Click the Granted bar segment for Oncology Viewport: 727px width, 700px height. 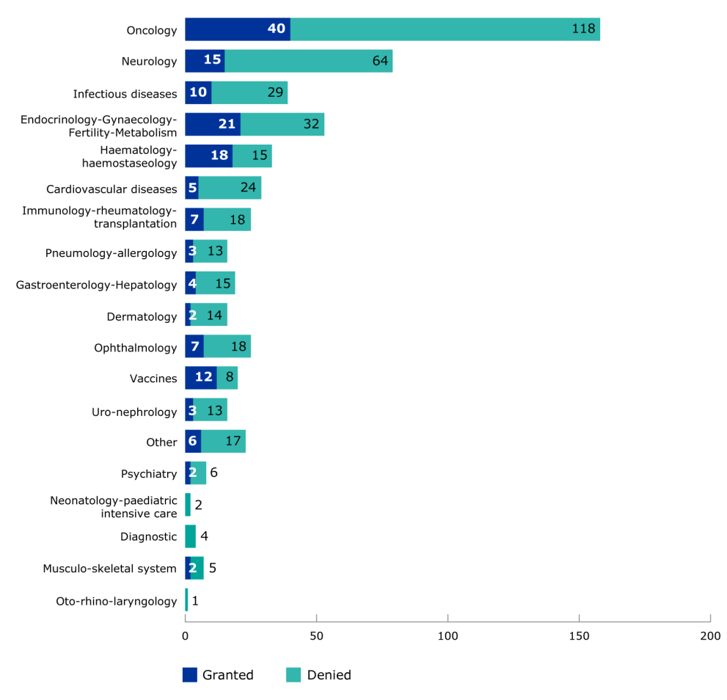[237, 29]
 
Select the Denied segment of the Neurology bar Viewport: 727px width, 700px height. [308, 61]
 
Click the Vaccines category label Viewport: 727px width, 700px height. [153, 379]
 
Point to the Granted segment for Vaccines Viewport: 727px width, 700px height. [200, 377]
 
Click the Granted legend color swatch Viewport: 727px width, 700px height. [190, 675]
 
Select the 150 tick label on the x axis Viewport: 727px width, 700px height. [580, 635]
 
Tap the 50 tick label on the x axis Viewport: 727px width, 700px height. [316, 635]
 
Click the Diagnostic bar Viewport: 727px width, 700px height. [190, 536]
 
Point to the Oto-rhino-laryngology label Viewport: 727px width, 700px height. [117, 602]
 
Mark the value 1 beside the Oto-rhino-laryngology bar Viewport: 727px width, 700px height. [195, 601]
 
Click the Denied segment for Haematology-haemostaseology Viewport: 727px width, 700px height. [252, 156]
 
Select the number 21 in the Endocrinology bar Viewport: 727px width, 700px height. [226, 125]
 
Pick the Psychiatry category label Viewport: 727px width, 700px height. [149, 474]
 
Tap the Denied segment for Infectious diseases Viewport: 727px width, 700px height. [249, 93]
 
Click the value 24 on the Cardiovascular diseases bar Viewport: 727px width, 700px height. [248, 188]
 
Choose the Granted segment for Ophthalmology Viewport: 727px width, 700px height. [194, 346]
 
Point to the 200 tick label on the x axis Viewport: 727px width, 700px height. [709, 635]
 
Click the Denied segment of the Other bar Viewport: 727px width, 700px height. [223, 442]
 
